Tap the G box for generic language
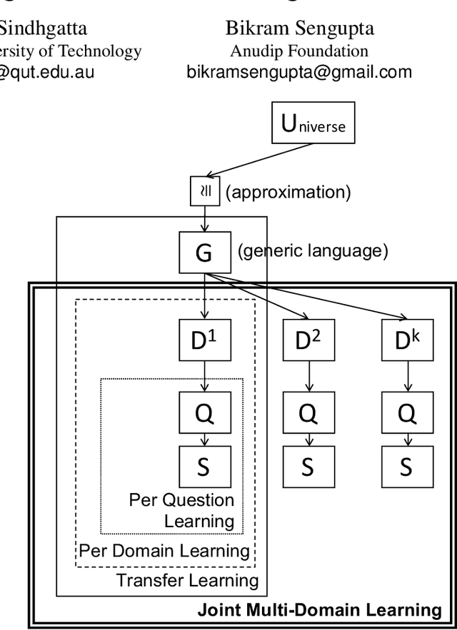click(204, 252)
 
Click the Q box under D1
click(204, 412)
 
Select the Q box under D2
click(307, 412)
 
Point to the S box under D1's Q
click(204, 466)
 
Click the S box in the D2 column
click(307, 466)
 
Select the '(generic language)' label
click(313, 251)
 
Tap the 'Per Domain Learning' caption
click(164, 551)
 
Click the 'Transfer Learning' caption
click(188, 580)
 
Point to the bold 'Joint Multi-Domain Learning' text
click(319, 609)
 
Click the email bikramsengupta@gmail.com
click(299, 71)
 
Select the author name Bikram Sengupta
click(299, 29)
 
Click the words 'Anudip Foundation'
click(299, 51)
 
